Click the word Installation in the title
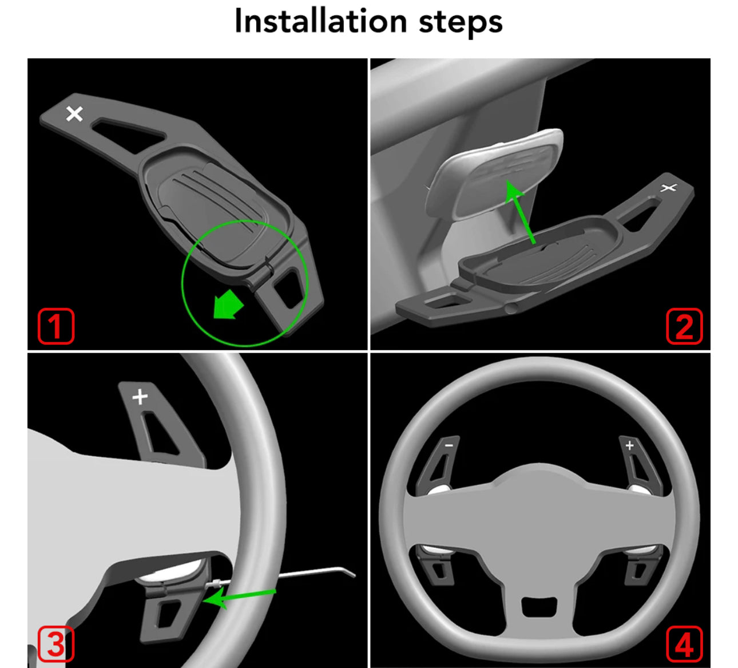[321, 22]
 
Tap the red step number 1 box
[56, 326]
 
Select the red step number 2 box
[684, 326]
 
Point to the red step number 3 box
[56, 644]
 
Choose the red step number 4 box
[684, 644]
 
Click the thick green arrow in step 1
[228, 305]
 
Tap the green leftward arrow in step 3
[239, 597]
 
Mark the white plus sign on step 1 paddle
[74, 114]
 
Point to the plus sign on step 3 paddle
[140, 397]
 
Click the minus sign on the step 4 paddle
[449, 445]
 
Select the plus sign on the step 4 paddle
[629, 445]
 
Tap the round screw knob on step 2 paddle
[510, 308]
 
